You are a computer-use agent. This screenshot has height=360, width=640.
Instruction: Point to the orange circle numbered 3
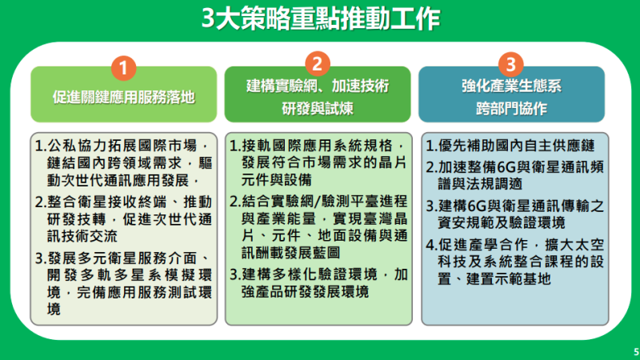[512, 63]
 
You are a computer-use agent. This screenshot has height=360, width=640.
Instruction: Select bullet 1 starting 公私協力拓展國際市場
[123, 163]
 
